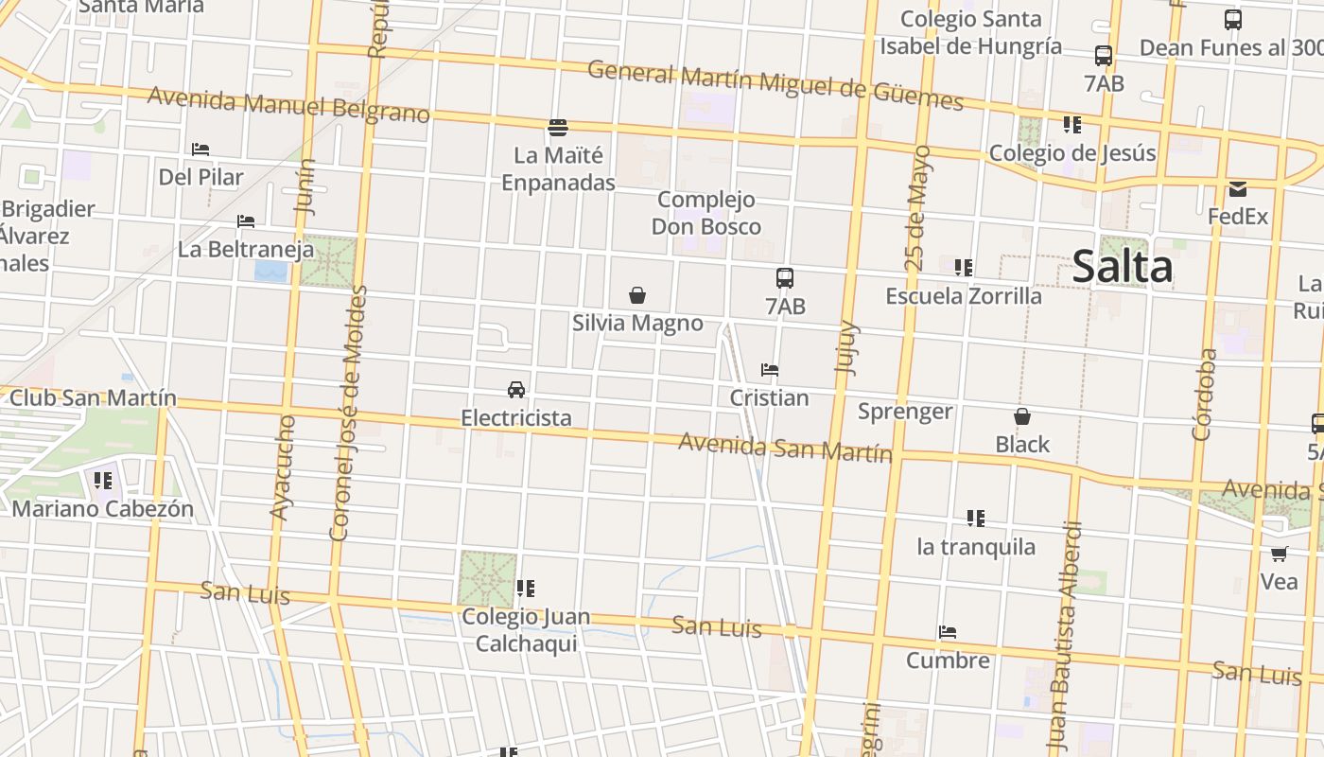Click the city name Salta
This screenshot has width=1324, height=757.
tap(1123, 267)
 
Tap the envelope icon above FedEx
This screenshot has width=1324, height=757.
tap(1237, 189)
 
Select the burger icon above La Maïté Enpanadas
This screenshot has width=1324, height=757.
tap(558, 127)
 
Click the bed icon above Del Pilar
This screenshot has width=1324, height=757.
tap(200, 150)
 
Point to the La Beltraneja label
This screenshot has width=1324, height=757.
tap(246, 250)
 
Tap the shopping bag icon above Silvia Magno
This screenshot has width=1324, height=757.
tap(637, 295)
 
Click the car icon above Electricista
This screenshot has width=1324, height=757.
tap(516, 389)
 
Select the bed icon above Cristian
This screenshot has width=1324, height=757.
tap(770, 370)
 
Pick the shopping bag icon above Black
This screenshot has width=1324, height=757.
tap(1022, 416)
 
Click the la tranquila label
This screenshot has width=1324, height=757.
tap(976, 547)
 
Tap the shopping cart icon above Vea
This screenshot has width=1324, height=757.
tap(1279, 554)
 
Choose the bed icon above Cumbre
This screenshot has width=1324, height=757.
tap(948, 632)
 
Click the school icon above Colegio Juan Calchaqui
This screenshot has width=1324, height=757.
tap(526, 589)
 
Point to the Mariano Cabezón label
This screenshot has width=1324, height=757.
tap(103, 508)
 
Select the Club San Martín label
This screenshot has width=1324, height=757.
tap(93, 397)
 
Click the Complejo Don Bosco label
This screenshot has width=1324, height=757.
tap(706, 213)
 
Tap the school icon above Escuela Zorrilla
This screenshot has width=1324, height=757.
tap(964, 268)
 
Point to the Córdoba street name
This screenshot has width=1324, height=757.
tap(1203, 395)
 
